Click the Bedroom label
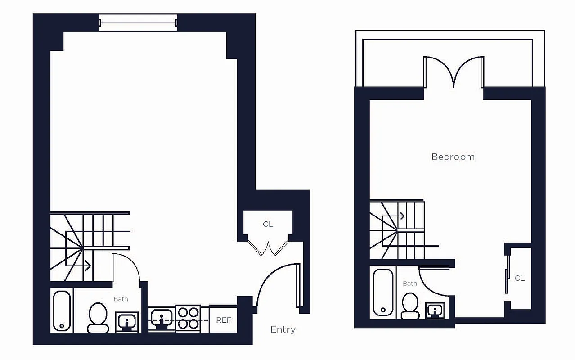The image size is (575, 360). (x=453, y=157)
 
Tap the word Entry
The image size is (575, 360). (x=283, y=330)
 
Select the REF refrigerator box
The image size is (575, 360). (x=224, y=320)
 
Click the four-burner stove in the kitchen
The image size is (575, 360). (x=188, y=318)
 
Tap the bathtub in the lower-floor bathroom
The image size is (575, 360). (x=62, y=311)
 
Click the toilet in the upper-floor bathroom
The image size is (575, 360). (x=410, y=306)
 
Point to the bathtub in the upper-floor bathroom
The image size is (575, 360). (x=383, y=292)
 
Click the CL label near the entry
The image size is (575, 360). (x=268, y=224)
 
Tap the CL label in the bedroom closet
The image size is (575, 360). (x=519, y=279)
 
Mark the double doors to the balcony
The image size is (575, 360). (x=454, y=72)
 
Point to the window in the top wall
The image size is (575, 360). (x=138, y=23)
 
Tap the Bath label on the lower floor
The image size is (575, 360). (x=121, y=299)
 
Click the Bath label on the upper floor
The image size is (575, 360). (x=409, y=283)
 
